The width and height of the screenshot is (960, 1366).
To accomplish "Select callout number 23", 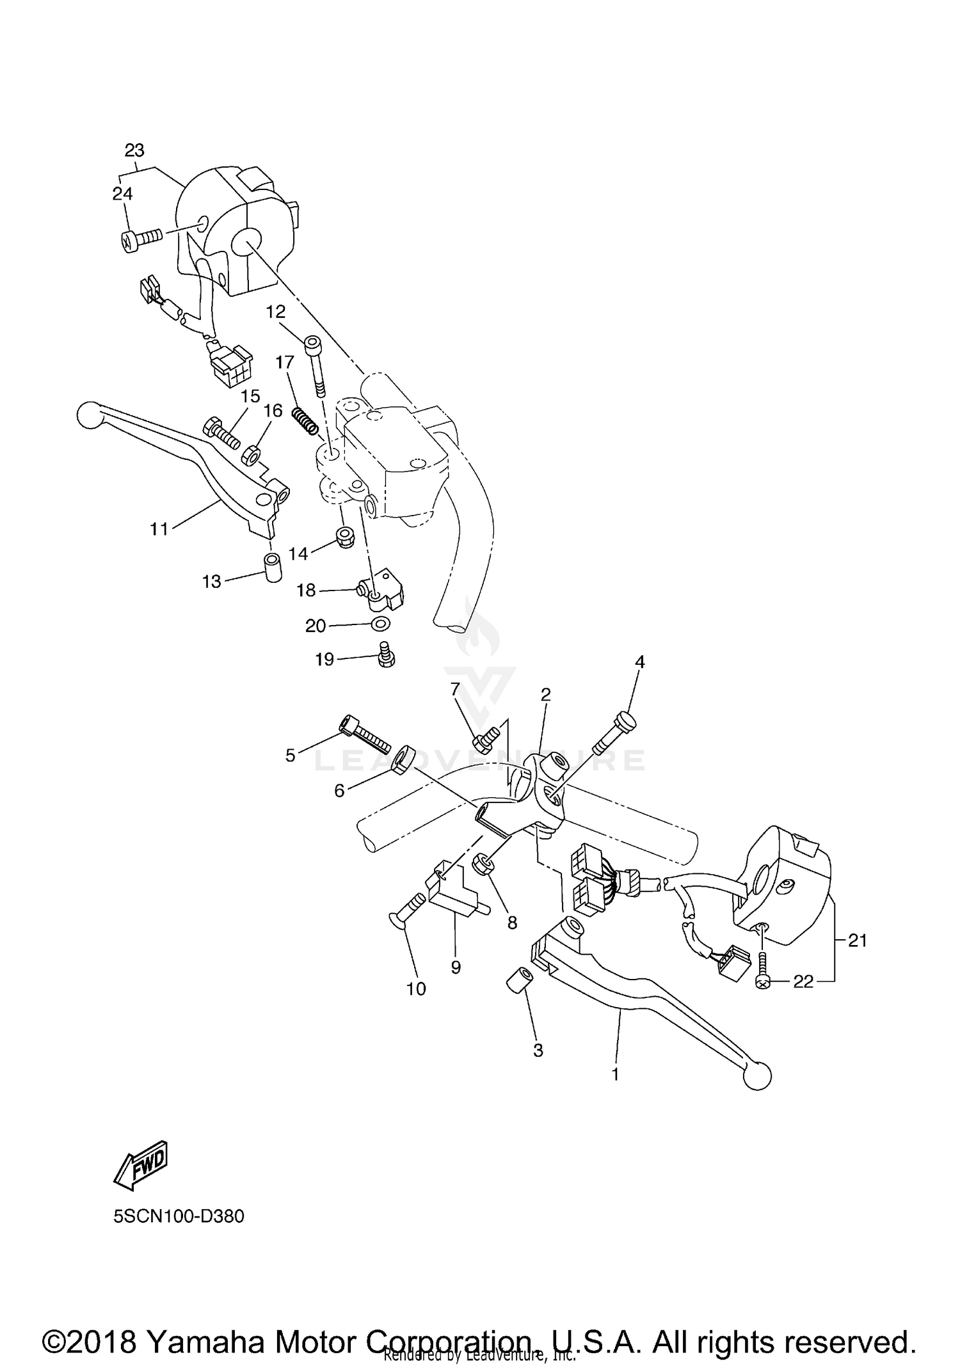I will click(x=134, y=151).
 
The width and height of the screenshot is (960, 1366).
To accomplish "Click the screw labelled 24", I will click(x=141, y=239).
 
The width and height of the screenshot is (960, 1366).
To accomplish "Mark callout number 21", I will click(x=857, y=941).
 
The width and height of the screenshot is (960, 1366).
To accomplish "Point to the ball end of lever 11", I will click(x=89, y=415).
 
